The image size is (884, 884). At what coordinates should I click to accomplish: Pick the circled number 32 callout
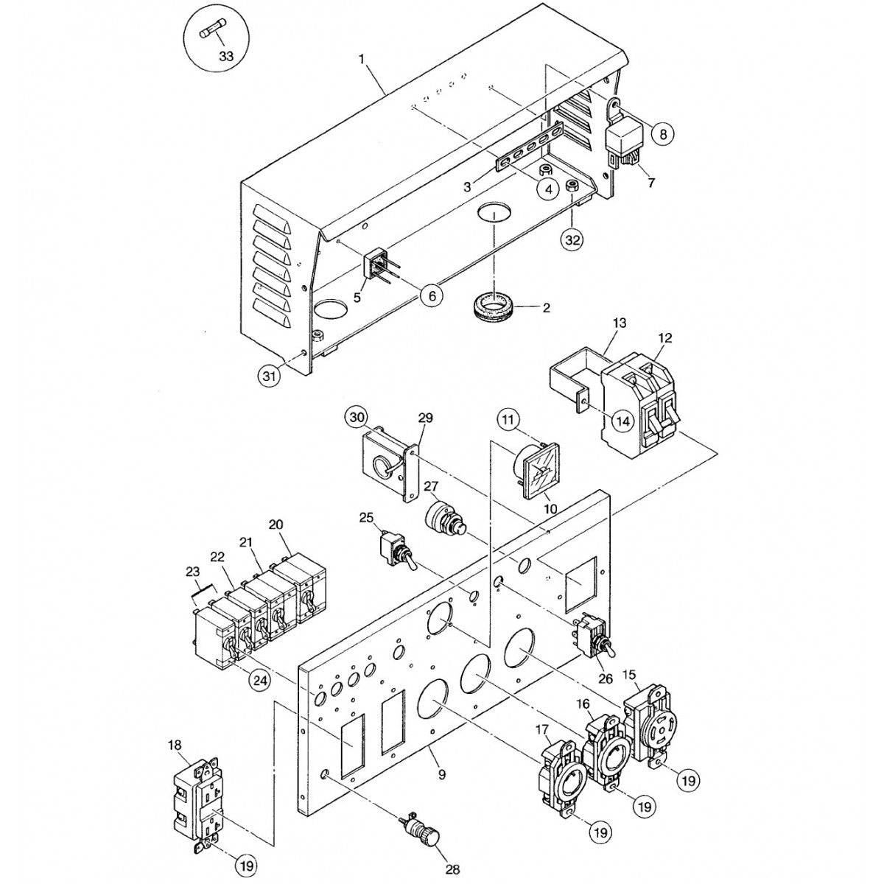click(x=573, y=239)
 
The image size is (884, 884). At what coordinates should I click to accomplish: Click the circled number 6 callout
click(x=432, y=295)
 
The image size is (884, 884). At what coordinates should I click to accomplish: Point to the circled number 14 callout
click(x=622, y=421)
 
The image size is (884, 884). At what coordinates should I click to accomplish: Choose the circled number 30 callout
click(x=357, y=418)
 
